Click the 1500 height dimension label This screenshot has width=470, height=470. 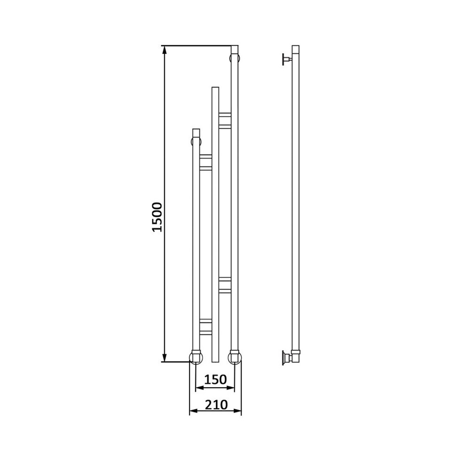click(x=157, y=217)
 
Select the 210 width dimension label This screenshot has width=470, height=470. click(x=216, y=405)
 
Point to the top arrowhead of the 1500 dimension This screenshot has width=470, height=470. click(x=164, y=50)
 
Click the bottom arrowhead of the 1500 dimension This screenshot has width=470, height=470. click(x=164, y=357)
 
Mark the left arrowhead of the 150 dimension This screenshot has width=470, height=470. click(x=200, y=388)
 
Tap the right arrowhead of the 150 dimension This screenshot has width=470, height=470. click(x=230, y=388)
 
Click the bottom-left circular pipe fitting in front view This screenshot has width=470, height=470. click(x=196, y=357)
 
